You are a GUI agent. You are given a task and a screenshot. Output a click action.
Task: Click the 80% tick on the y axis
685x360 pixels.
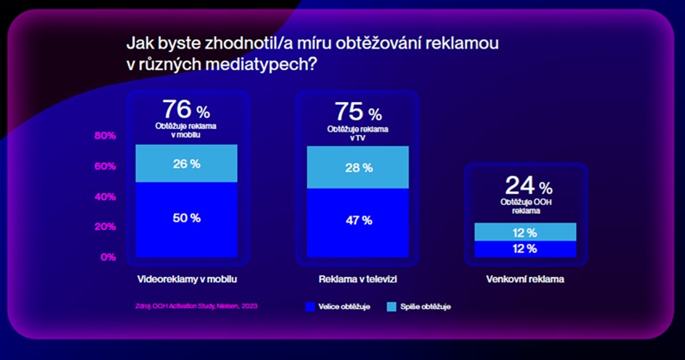[105, 136]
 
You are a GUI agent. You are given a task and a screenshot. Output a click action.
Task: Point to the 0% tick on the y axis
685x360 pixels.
[107, 257]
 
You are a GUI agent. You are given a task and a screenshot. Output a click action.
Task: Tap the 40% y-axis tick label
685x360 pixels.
[105, 196]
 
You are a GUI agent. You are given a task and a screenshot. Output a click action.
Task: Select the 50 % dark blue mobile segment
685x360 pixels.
[186, 218]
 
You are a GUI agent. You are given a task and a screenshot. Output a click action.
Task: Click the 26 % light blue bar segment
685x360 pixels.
[186, 164]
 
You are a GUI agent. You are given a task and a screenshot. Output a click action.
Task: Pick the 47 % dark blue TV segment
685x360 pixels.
[358, 221]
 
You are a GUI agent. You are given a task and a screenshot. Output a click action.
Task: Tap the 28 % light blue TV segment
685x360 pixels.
[358, 167]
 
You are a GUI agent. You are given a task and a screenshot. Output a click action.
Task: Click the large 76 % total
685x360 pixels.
[186, 111]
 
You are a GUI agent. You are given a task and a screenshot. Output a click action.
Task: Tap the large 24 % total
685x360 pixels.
[527, 186]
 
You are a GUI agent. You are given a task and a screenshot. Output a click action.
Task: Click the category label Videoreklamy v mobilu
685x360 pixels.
[187, 280]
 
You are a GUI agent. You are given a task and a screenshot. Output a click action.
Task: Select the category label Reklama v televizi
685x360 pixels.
[358, 280]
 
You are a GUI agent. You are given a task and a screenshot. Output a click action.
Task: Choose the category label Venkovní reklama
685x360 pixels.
[527, 280]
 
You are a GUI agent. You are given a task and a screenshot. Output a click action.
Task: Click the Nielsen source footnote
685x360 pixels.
[196, 305]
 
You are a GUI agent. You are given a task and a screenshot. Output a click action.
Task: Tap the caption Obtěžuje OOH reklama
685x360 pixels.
[527, 205]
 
